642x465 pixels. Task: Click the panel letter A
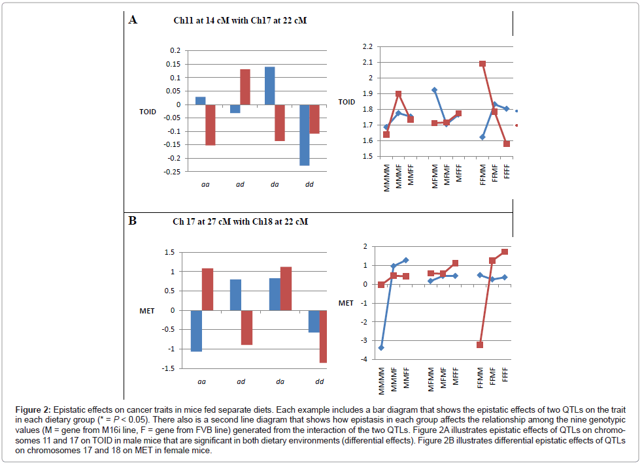tap(133, 20)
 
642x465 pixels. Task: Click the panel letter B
tap(132, 221)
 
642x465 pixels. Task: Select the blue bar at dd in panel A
tap(304, 135)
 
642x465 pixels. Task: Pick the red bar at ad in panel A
tap(245, 87)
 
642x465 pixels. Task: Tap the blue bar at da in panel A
tap(269, 86)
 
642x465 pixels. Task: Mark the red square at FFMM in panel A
tap(482, 64)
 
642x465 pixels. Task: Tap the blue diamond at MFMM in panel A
tap(434, 90)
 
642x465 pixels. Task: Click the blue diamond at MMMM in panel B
tap(381, 347)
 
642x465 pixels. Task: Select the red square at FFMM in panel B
tap(480, 345)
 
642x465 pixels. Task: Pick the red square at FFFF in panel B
tap(505, 251)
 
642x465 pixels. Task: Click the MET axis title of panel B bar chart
tap(147, 311)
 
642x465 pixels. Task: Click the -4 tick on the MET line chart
tap(363, 359)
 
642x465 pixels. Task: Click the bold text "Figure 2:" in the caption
tap(34, 409)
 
